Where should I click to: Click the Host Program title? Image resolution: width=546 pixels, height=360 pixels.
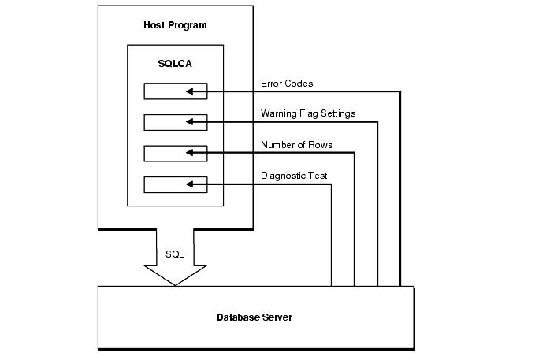pos(175,25)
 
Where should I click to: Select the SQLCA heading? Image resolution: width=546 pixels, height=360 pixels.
pos(174,62)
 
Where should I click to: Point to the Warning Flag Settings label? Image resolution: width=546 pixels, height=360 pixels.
pos(308,113)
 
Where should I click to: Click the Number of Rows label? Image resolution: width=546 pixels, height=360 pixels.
pos(296,144)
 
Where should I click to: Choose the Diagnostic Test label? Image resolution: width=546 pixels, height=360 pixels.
pos(294,176)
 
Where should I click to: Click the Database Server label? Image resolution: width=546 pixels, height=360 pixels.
pos(254,317)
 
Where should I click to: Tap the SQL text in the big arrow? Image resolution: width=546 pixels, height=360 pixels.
pos(175,254)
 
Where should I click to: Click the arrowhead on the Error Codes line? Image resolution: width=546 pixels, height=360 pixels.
pos(190,91)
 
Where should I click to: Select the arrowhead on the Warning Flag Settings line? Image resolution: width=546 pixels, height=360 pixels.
pos(190,122)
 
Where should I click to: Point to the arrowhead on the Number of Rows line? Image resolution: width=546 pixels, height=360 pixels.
pos(190,153)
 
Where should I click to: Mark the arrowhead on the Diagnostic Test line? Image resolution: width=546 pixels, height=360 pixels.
pos(190,184)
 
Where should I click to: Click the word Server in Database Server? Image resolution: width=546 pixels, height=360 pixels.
pos(277,317)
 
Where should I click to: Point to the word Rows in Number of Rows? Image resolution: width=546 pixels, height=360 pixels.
pos(321,144)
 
